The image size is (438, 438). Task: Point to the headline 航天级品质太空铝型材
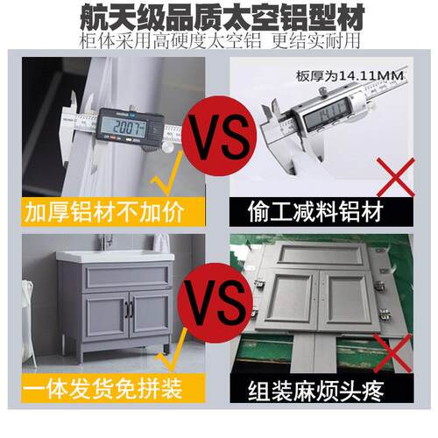(219, 16)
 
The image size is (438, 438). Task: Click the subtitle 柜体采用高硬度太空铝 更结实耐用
(219, 41)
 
